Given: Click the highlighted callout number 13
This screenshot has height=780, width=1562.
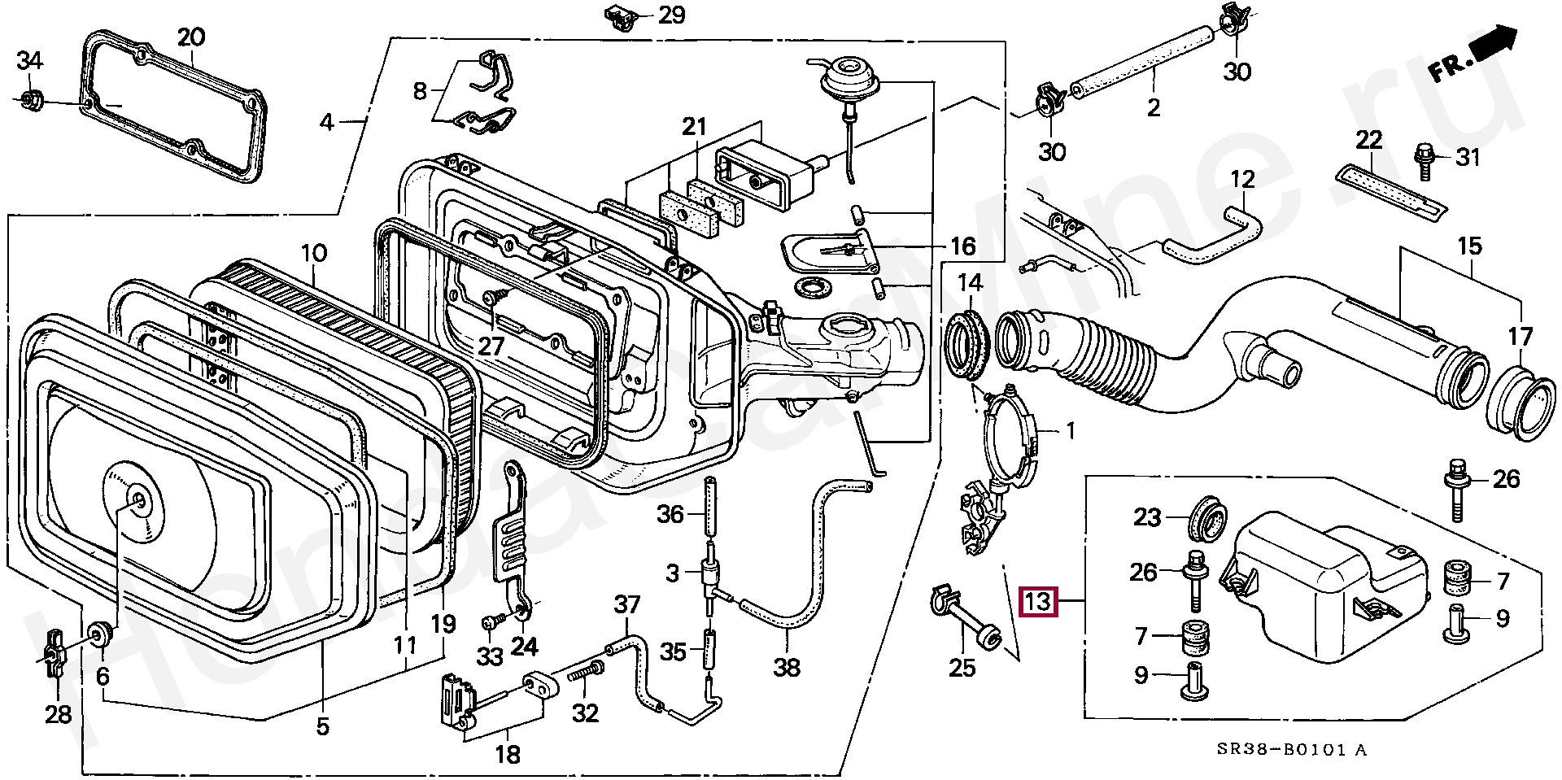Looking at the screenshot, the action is tap(1039, 603).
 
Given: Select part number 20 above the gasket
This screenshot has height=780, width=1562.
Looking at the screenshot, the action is tap(191, 37).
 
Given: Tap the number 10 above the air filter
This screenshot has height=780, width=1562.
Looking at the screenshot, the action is tap(314, 253).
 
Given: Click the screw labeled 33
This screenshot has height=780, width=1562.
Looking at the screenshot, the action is tap(490, 622).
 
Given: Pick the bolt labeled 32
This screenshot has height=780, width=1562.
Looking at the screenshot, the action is tap(587, 673).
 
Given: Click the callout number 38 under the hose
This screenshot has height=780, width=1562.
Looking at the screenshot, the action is tap(786, 668).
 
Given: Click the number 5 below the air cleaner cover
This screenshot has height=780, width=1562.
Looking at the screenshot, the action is tap(323, 726).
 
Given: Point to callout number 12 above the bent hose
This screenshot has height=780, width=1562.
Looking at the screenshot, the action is tap(1243, 179).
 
